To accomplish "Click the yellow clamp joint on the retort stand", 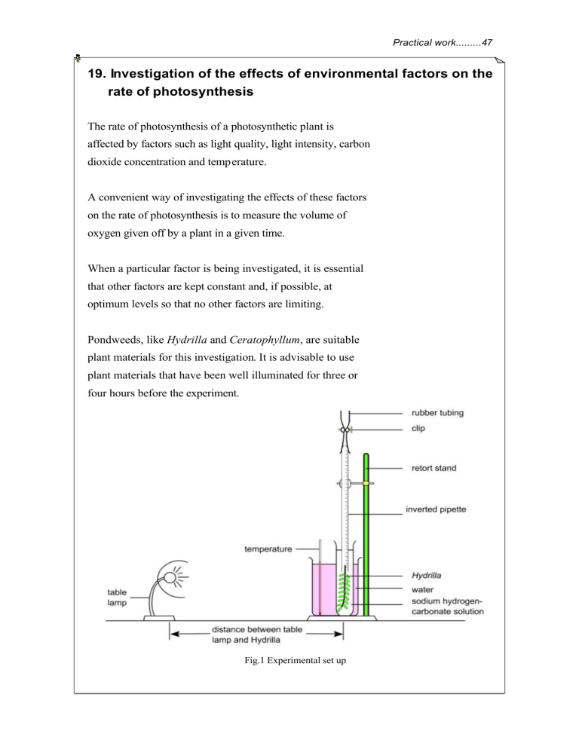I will [x=366, y=482].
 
